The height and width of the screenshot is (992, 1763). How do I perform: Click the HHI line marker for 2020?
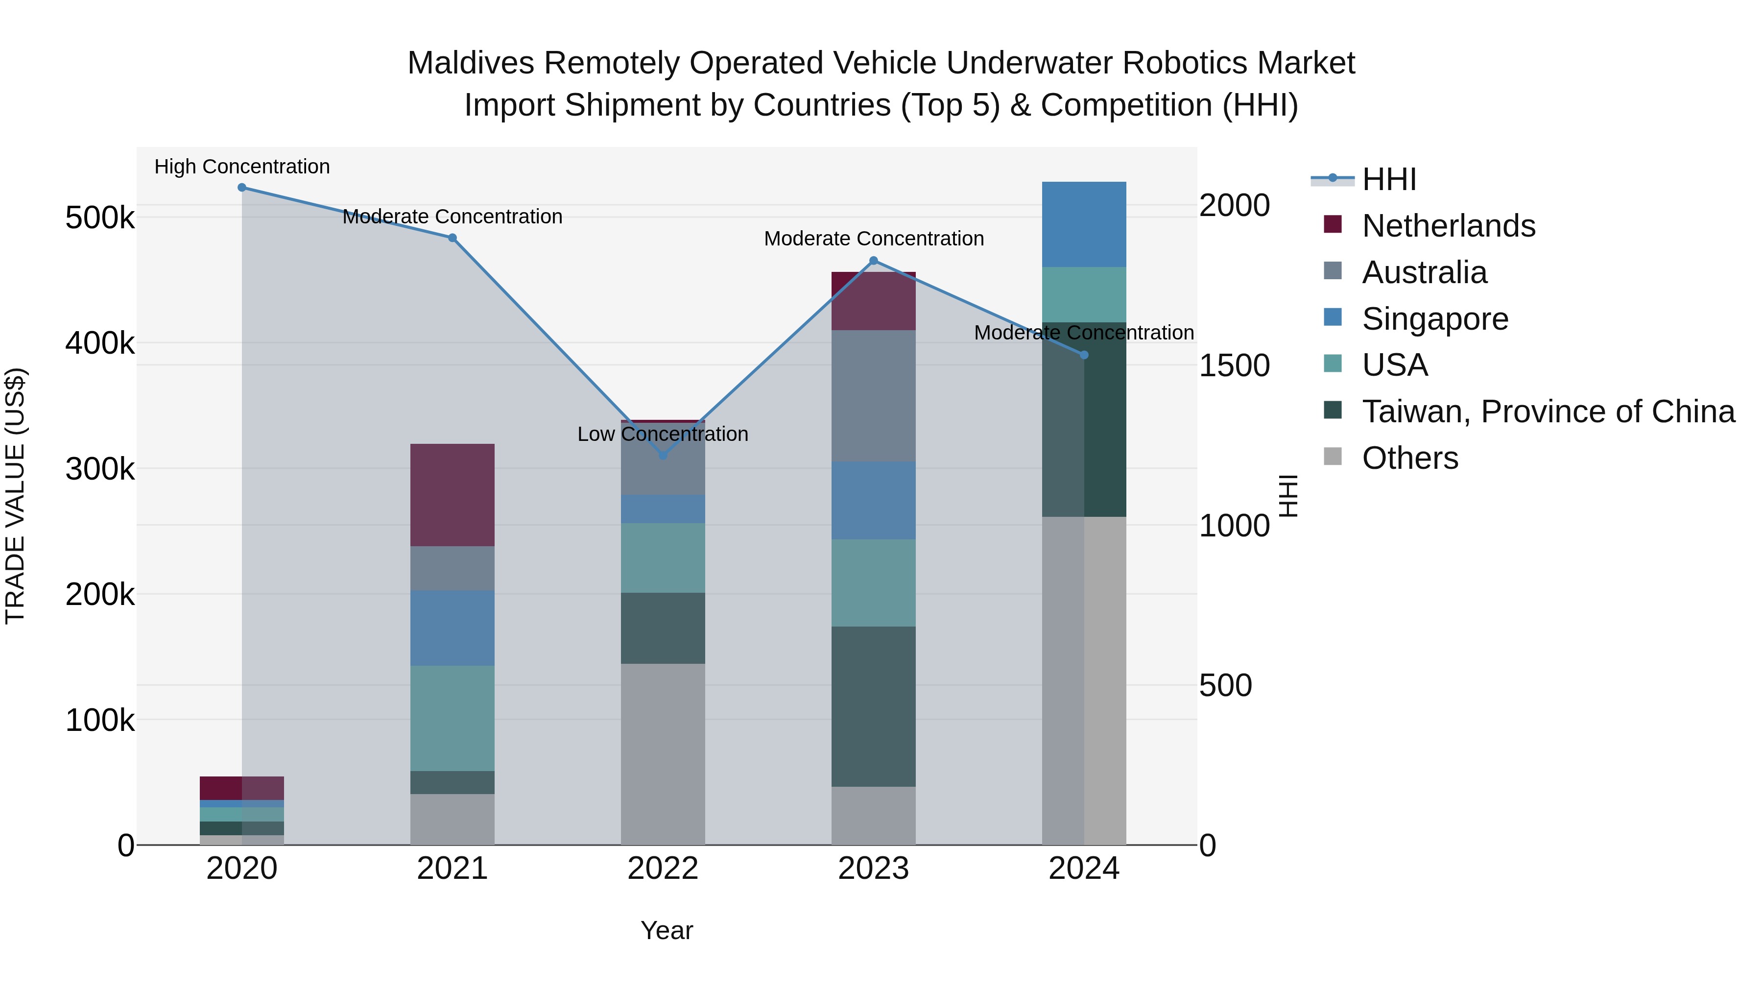pos(241,188)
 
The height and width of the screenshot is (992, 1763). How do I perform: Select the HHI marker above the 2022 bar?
pos(663,455)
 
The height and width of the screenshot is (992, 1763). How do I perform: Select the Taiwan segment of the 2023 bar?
pos(873,706)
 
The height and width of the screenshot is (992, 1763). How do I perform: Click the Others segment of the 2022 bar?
pos(663,753)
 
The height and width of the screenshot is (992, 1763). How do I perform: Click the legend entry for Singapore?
pos(1434,319)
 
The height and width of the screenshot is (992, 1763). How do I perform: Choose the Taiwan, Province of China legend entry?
pos(1548,411)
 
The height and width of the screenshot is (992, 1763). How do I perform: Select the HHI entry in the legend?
pos(1389,179)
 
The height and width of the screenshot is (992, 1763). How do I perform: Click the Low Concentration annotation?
pos(663,434)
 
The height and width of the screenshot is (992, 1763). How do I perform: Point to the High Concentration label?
pos(241,167)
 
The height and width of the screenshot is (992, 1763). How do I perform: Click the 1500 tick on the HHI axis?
pos(1234,365)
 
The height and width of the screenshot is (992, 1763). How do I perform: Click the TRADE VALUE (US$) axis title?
pos(15,496)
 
